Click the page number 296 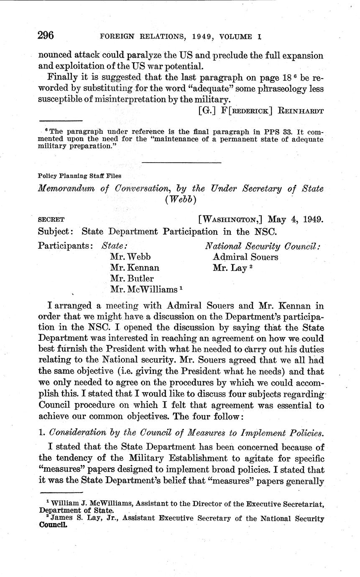(x=46, y=35)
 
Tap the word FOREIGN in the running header (x=117, y=37)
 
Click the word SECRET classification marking (x=51, y=220)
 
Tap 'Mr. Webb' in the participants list (x=130, y=257)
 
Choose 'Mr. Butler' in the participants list (x=132, y=278)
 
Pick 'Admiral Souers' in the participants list (x=245, y=257)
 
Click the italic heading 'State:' (x=115, y=245)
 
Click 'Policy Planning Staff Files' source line (x=79, y=176)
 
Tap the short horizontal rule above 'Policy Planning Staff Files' (x=181, y=162)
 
